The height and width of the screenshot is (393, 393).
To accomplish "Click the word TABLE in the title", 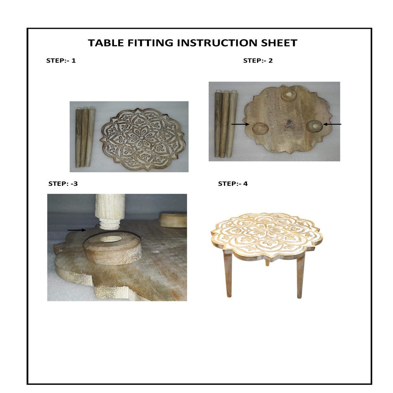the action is pos(106,43).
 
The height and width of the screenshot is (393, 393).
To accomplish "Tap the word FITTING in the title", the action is pos(150,43).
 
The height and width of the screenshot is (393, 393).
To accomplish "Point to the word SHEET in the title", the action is pos(279,43).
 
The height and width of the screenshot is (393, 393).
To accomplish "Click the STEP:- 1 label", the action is pos(61,61).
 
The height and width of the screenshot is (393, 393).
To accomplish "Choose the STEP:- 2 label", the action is pos(258,61).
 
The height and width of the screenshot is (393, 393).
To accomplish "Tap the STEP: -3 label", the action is pos(63,184).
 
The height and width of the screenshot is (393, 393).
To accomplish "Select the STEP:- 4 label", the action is pos(233,184).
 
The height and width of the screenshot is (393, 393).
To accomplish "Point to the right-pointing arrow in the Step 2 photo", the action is pos(241,124).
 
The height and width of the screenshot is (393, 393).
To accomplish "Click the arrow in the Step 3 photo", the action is pos(77,230).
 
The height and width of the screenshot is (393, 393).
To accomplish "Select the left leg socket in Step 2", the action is pos(260,129).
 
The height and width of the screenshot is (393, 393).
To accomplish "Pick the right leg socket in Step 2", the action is pos(315,126).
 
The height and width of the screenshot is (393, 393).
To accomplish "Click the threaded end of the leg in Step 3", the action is pos(108,224).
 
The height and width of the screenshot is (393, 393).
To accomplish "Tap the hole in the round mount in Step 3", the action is pos(110,239).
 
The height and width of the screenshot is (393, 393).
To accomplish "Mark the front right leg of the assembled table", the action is pos(301,277).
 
